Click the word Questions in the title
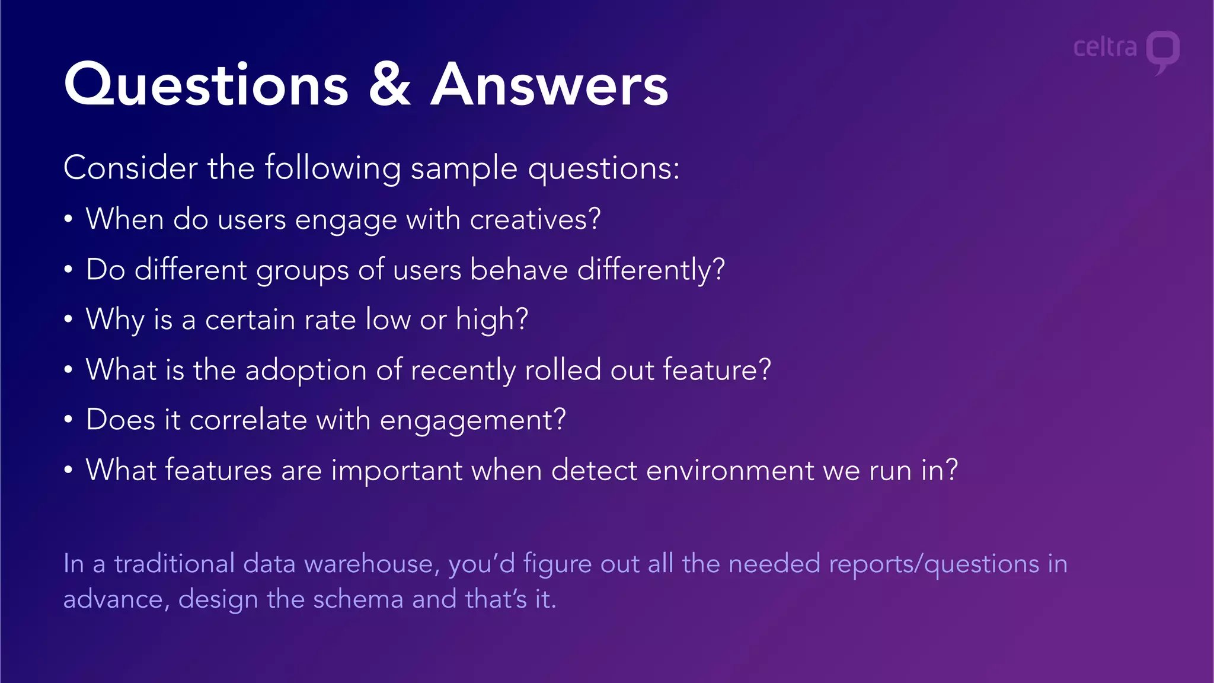(206, 86)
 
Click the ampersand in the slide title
(389, 86)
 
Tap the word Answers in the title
(550, 86)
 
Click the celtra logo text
(1105, 47)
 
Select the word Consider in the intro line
(130, 168)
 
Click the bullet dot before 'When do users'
(69, 219)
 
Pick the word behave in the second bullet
(519, 270)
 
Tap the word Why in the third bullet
(115, 320)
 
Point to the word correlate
(248, 420)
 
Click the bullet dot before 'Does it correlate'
(69, 420)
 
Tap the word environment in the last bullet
(730, 471)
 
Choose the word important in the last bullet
(397, 471)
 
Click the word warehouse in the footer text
(372, 564)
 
